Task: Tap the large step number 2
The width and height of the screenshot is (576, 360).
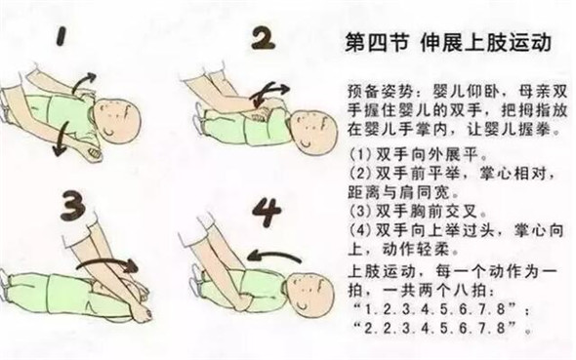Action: (x=264, y=38)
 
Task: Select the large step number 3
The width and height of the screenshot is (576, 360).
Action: (x=73, y=205)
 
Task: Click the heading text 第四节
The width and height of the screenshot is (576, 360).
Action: (x=377, y=43)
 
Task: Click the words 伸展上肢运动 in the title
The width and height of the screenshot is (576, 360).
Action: (x=486, y=43)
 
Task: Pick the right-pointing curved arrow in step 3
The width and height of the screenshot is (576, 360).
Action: (x=107, y=263)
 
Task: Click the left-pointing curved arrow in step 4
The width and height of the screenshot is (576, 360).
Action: (x=274, y=255)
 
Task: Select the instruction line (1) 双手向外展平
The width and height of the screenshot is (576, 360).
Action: (x=418, y=155)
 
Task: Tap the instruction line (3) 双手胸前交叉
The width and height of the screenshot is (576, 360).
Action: (x=418, y=212)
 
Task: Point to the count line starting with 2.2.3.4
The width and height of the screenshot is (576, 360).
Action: (x=442, y=328)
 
